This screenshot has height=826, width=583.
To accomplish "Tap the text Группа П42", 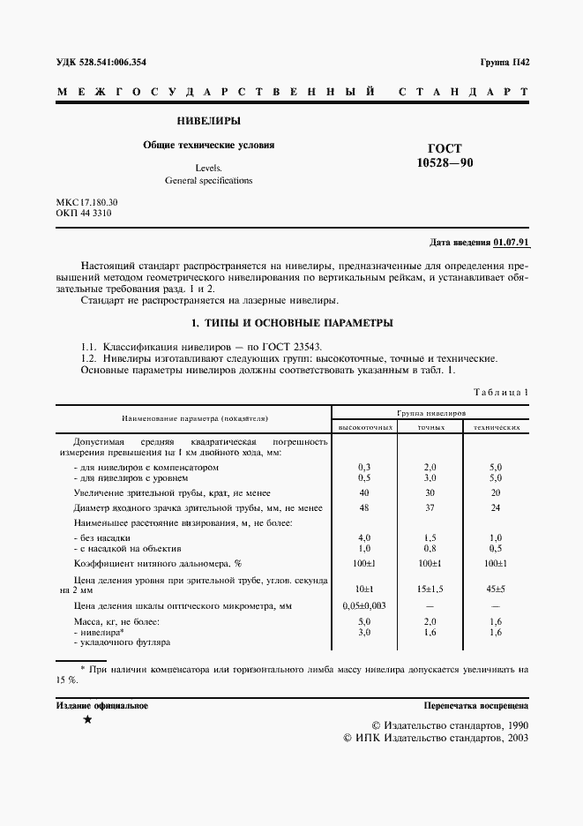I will [504, 64].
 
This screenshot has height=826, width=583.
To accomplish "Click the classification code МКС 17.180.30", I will [86, 202].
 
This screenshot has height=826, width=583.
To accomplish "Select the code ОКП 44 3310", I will [83, 214].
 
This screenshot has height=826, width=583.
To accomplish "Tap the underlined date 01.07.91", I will [511, 242].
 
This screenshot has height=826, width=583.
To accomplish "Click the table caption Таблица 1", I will [501, 392].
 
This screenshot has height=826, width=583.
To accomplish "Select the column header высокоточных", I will [364, 427].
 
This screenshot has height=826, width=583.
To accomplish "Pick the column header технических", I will [496, 427].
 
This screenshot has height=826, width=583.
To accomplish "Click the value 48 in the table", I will [363, 508].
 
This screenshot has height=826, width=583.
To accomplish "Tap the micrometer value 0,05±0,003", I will [364, 606].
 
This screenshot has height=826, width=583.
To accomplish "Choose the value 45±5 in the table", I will [496, 587].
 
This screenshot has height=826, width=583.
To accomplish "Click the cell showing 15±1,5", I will [430, 587].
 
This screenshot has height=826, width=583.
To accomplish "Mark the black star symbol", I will [86, 721].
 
